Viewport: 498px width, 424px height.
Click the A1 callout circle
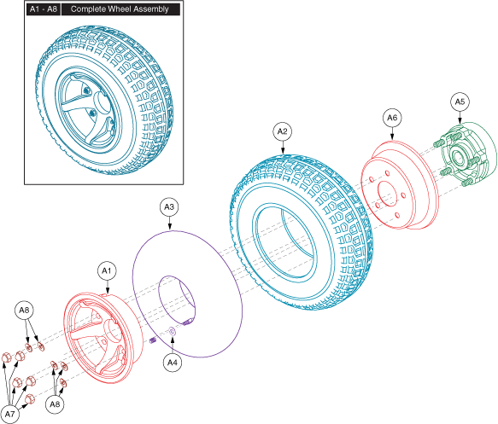tap(107, 270)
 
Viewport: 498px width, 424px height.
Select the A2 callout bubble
tap(282, 131)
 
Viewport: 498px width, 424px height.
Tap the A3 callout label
tap(169, 207)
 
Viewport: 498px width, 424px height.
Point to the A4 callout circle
tap(173, 363)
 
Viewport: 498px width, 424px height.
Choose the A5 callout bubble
tap(460, 102)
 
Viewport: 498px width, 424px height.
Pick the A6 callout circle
tap(392, 118)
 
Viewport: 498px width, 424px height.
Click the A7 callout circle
tap(10, 414)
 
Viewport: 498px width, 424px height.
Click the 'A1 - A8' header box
tap(44, 9)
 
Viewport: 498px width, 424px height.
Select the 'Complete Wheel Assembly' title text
tap(120, 9)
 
